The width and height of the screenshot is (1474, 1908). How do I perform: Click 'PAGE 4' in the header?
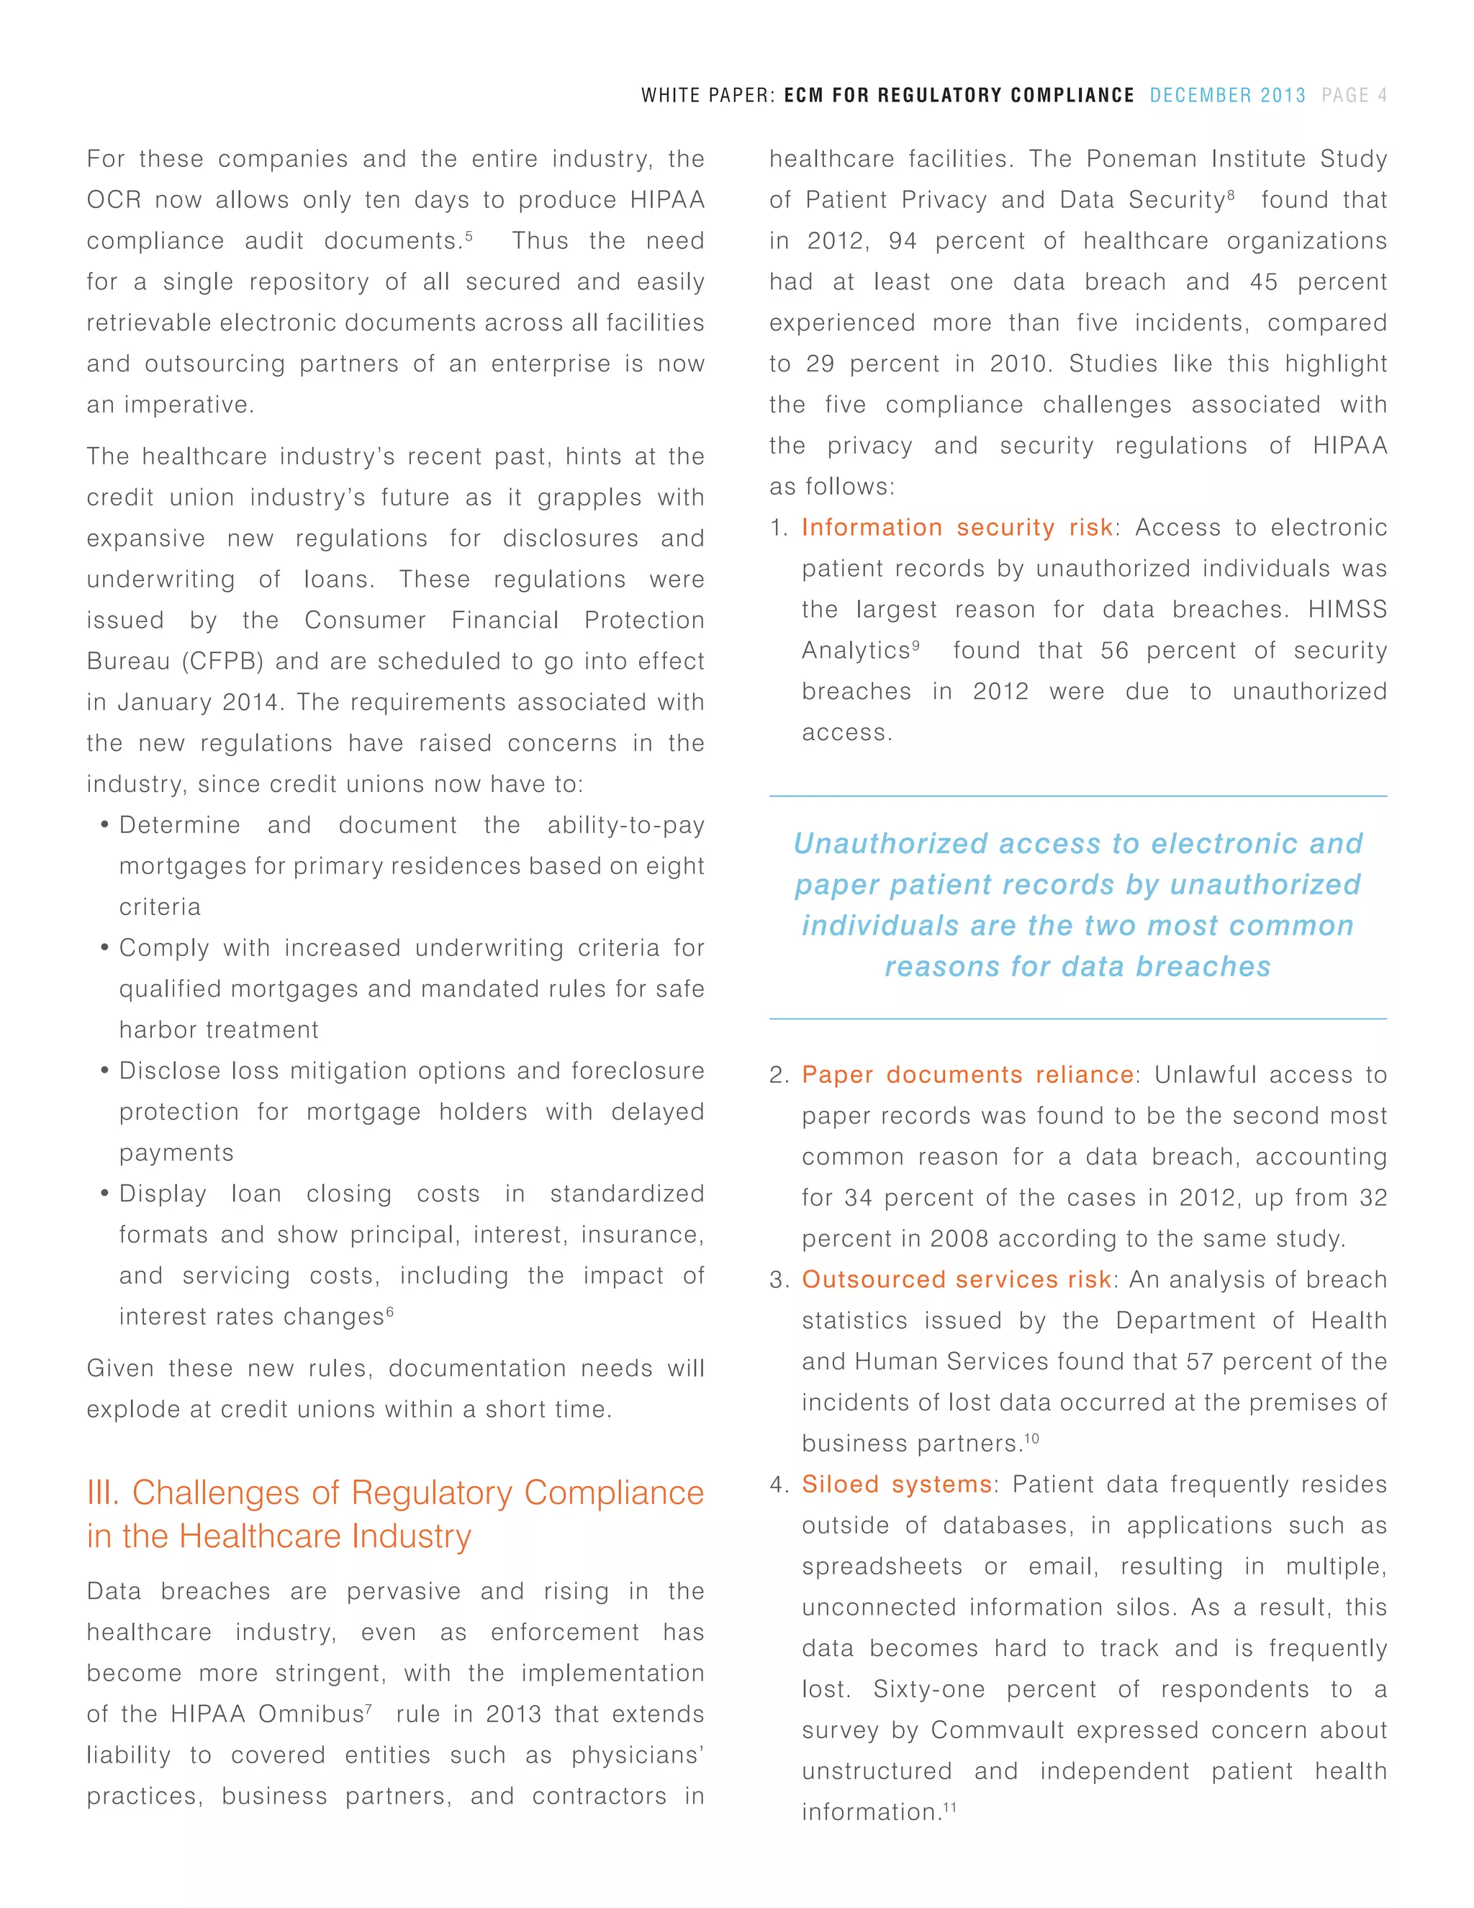[1354, 95]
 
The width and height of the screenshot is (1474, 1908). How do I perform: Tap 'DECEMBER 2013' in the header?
[1227, 95]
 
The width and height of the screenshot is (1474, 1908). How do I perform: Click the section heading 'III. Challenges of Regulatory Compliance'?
[394, 1493]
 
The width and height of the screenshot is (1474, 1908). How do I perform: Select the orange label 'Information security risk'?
[957, 528]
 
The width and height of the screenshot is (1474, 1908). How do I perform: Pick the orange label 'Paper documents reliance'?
[967, 1074]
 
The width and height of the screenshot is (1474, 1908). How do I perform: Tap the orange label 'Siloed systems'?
[896, 1485]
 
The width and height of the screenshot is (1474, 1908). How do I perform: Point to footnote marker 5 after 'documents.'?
[469, 234]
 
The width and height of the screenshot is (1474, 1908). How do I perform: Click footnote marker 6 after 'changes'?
[389, 1310]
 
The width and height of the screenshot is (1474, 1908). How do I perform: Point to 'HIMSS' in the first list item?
[1347, 609]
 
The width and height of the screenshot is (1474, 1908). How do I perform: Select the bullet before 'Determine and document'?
[105, 826]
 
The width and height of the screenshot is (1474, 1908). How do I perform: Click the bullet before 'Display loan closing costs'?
[105, 1194]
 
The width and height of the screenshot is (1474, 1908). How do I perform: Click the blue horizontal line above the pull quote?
[1077, 796]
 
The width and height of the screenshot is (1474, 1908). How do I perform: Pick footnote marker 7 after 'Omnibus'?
[368, 1707]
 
